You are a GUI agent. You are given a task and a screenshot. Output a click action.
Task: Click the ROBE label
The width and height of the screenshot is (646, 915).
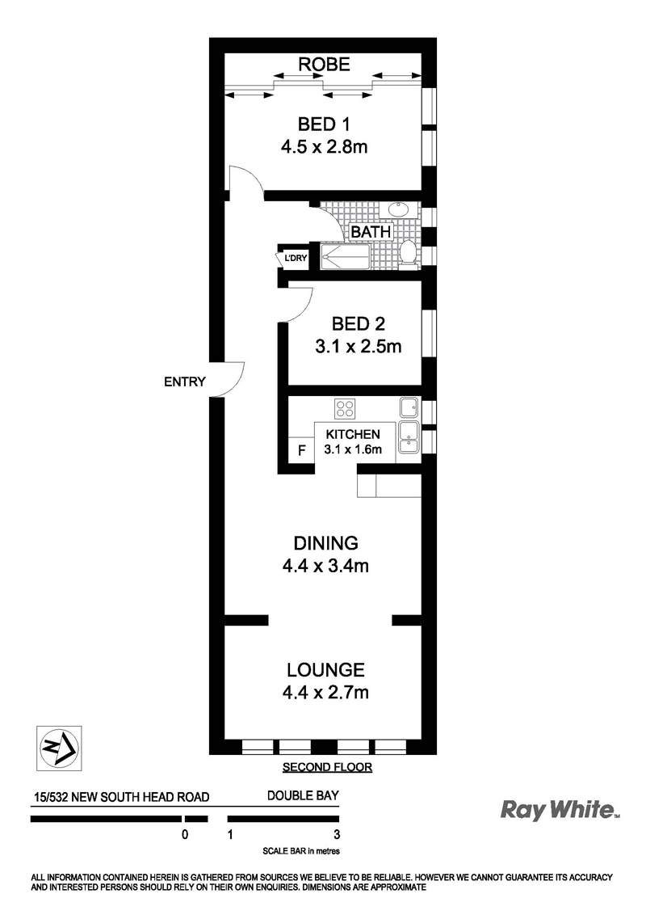[x=324, y=64]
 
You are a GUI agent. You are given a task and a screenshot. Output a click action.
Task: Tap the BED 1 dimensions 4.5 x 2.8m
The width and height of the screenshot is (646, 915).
[x=324, y=146]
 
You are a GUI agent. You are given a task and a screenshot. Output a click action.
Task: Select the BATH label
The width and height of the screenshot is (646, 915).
[x=371, y=232]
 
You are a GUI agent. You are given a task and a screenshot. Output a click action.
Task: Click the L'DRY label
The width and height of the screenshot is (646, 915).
[x=295, y=258]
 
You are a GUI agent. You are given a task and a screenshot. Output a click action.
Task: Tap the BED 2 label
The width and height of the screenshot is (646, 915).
[x=358, y=323]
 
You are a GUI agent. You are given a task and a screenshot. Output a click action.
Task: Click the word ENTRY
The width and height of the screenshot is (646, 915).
[x=185, y=382]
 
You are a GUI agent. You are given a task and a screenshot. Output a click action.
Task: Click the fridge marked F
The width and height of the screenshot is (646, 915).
[x=301, y=450]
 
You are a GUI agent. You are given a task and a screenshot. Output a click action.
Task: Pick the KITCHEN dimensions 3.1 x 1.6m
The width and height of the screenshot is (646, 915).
[x=353, y=449]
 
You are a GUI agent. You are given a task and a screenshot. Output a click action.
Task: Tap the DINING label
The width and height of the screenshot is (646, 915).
[x=325, y=542]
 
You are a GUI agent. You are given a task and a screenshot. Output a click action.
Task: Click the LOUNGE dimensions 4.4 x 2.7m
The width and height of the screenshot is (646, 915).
[x=325, y=693]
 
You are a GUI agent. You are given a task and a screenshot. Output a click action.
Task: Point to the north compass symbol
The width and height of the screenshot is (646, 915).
[x=59, y=748]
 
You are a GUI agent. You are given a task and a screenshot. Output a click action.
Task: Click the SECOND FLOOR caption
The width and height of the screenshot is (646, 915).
[x=327, y=767]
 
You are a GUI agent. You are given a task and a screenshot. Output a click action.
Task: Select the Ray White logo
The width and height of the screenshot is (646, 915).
[x=560, y=810]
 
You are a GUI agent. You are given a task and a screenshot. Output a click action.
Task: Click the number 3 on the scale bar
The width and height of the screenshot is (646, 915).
[x=337, y=834]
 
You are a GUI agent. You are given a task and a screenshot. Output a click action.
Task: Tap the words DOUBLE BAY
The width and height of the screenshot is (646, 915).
[x=303, y=795]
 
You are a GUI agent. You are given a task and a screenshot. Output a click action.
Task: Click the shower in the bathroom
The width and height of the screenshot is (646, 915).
[x=345, y=257]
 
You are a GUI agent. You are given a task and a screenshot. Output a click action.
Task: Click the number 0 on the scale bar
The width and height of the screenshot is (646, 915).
[x=186, y=834]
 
